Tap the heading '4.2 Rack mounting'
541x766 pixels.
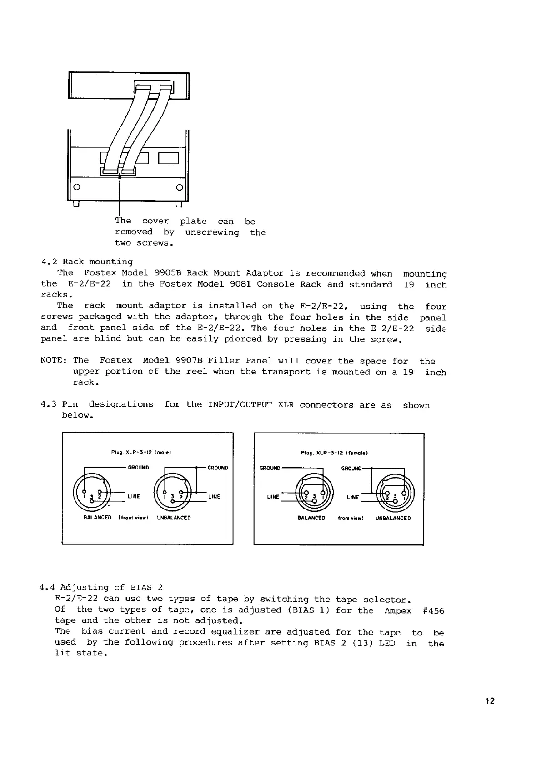click(87, 262)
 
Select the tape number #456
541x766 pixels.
click(433, 610)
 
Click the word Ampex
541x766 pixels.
click(398, 610)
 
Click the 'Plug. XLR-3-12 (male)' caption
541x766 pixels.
click(141, 453)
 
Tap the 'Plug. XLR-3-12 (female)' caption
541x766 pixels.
click(334, 453)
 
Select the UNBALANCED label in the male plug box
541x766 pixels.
click(174, 518)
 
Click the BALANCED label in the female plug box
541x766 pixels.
click(311, 518)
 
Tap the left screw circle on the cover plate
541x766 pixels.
click(77, 186)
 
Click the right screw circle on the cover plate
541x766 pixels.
click(179, 186)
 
